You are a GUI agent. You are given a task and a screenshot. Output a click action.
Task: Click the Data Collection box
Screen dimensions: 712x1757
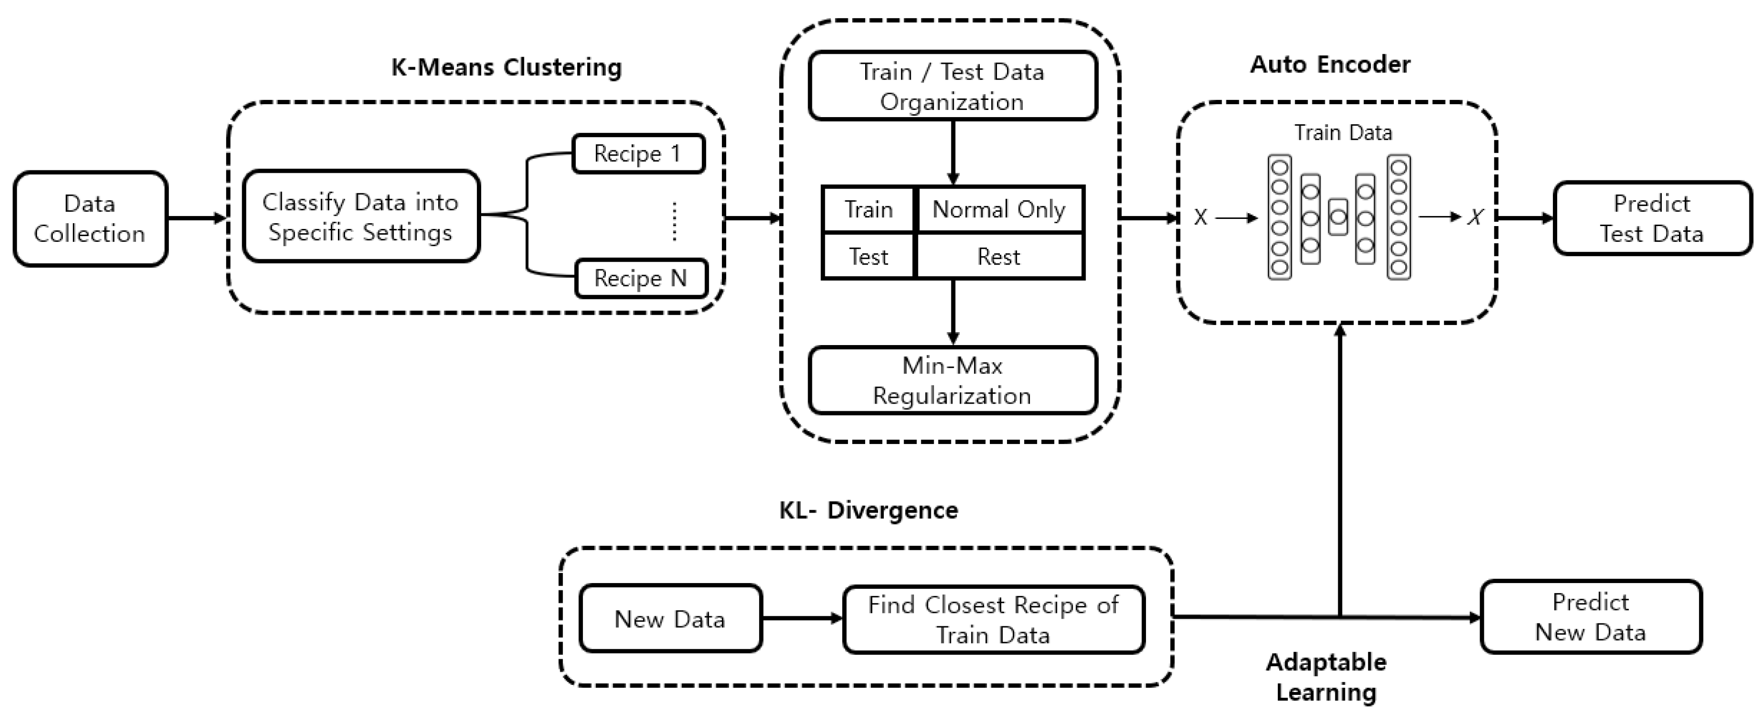point(90,218)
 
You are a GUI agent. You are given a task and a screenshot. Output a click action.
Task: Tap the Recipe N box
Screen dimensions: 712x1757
point(641,278)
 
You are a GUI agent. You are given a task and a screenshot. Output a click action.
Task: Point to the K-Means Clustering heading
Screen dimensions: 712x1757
point(506,68)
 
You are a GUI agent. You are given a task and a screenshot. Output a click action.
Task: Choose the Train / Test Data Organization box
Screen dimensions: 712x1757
point(952,87)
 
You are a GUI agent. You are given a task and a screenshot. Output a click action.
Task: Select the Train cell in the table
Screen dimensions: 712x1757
point(869,209)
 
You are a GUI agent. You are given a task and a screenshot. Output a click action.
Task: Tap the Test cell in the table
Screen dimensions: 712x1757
point(869,257)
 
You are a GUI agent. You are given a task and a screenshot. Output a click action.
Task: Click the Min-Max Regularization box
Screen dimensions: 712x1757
point(952,381)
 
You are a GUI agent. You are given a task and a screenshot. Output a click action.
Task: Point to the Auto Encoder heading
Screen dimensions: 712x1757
point(1330,65)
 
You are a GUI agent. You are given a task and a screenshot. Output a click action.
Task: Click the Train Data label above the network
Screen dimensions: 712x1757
point(1343,132)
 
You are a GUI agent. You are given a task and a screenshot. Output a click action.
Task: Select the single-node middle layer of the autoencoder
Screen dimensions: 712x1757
point(1338,218)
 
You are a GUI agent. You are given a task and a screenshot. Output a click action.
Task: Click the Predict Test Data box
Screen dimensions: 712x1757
point(1651,218)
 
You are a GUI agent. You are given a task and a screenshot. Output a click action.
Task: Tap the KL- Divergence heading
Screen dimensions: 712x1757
point(869,510)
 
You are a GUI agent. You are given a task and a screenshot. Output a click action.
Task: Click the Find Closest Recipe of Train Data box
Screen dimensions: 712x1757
point(993,619)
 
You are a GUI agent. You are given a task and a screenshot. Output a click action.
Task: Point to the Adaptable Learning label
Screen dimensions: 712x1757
point(1326,676)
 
